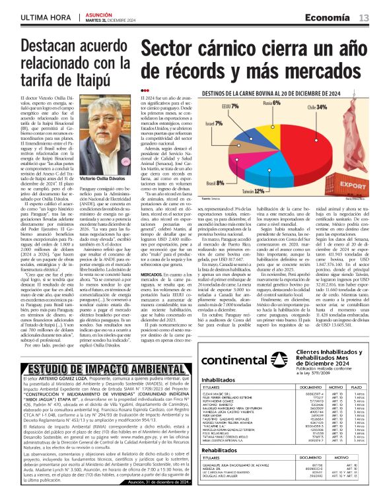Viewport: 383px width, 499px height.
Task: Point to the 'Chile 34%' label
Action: pos(315,107)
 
